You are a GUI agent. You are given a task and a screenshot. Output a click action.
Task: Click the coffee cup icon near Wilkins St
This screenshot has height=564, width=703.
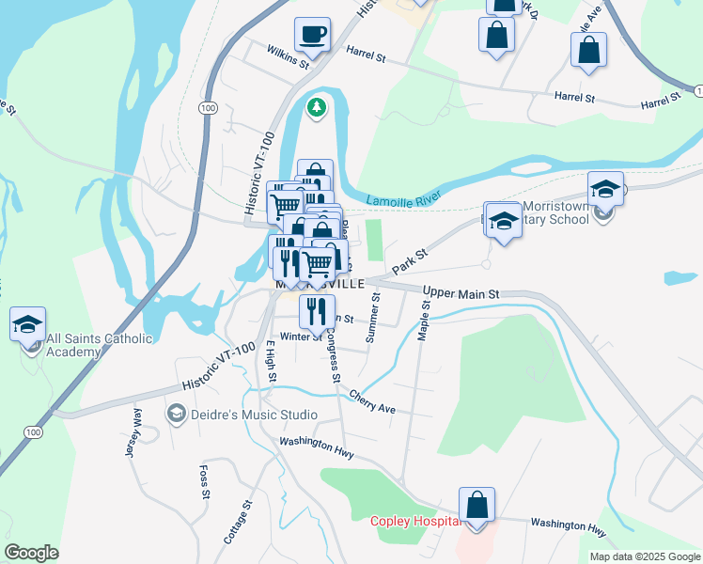pos(313,36)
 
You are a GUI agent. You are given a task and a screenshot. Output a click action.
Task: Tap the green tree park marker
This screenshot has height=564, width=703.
pos(318,109)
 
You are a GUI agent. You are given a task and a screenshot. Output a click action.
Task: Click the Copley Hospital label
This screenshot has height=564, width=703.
pos(414,521)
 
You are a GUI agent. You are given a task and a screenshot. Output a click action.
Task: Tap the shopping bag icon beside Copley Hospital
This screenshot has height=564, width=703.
pos(477,505)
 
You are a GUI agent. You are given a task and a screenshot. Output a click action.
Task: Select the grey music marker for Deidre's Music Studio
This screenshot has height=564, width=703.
pos(176,414)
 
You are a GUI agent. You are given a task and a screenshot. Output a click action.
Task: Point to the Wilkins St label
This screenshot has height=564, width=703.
pos(288,57)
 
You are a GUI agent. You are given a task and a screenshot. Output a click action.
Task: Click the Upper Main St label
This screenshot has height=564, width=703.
pos(461,293)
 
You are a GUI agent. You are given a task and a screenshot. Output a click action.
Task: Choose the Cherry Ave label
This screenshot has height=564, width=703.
pos(371,401)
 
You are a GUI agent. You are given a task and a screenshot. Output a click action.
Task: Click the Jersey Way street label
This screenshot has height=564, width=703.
pos(132,432)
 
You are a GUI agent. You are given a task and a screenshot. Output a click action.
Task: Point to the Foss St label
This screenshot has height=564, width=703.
pos(203,480)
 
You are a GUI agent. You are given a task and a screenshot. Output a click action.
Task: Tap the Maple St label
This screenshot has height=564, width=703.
pos(424,320)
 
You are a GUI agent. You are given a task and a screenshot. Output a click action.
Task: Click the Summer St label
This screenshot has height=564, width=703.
pos(374,317)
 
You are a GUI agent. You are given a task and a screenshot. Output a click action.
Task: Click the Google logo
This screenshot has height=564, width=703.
pos(31,553)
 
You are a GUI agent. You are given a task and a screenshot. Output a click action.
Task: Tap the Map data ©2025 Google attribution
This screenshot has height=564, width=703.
pos(644,556)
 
